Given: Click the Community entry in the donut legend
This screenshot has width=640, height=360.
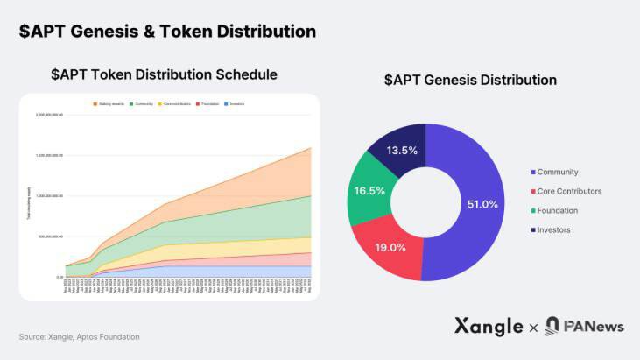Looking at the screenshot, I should pos(558,172).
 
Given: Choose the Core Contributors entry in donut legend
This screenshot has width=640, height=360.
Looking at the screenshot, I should pos(569,191).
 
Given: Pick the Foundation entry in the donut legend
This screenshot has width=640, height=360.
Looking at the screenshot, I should pos(559,210).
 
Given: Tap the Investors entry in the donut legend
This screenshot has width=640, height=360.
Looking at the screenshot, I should pos(553,229).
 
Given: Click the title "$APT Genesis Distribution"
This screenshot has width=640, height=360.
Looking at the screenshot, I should pos(470,80).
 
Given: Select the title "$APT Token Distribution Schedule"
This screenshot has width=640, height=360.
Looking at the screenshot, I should pos(164,74).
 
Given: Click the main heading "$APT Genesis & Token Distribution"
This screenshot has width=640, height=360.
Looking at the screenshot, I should pos(167,32).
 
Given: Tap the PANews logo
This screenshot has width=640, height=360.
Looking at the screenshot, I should pos(584,326).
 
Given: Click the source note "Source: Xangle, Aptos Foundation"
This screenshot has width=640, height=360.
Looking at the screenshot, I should pos(79,336).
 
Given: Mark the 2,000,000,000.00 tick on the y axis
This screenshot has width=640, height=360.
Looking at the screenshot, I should pos(49,115).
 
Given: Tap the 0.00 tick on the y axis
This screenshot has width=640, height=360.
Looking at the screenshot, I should pos(60,277).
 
